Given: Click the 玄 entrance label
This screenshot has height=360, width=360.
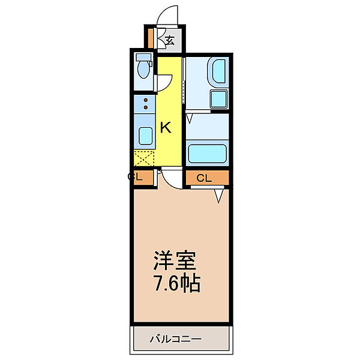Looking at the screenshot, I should click(x=170, y=41).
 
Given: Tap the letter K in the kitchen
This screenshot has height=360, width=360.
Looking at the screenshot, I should click(x=166, y=127).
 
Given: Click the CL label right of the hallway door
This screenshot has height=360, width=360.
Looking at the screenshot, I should click(x=204, y=178).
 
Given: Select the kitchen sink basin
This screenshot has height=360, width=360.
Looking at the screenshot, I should click(x=145, y=136).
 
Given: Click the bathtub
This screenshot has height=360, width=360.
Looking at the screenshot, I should click(x=207, y=153).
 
